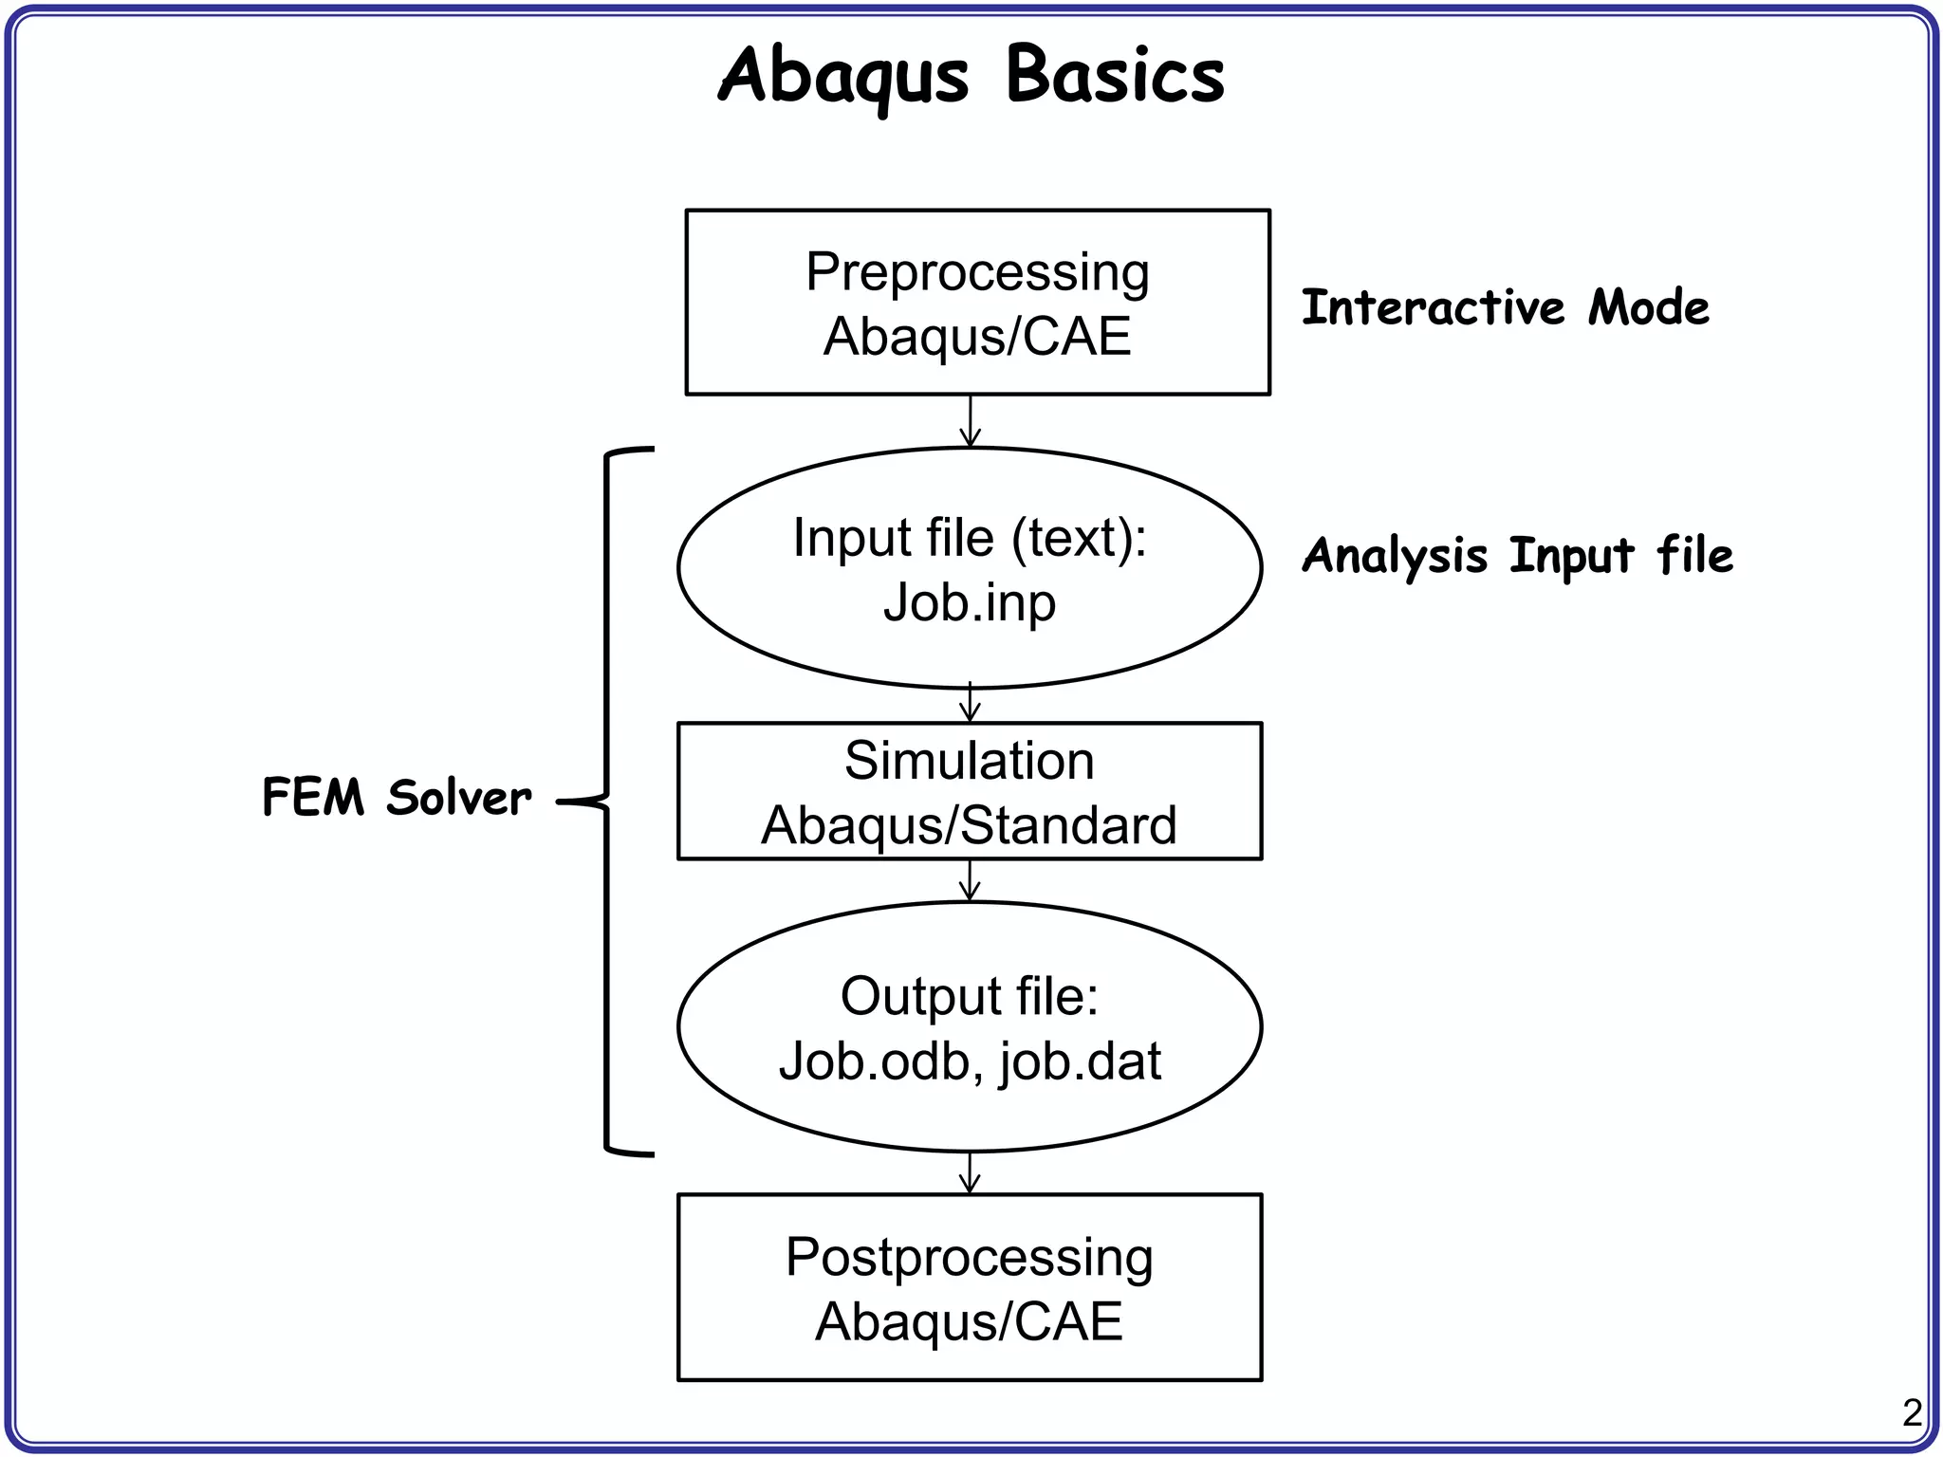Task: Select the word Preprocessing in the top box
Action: [x=977, y=273]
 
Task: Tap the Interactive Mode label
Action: [x=1505, y=307]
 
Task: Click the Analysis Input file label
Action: [x=1516, y=556]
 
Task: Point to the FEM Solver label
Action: [x=397, y=797]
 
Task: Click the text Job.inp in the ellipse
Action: [x=969, y=602]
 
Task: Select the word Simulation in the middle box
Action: [x=969, y=761]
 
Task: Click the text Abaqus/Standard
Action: [x=969, y=825]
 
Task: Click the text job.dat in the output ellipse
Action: [x=1080, y=1061]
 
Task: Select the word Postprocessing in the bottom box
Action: [x=969, y=1258]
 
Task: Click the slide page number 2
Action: [x=1912, y=1413]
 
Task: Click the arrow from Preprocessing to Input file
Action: [x=970, y=422]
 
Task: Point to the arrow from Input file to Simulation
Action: [x=970, y=704]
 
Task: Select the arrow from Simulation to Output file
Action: [x=970, y=881]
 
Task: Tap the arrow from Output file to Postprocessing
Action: [x=970, y=1173]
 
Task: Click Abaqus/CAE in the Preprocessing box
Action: [x=977, y=337]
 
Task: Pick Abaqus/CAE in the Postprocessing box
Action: [x=969, y=1321]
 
